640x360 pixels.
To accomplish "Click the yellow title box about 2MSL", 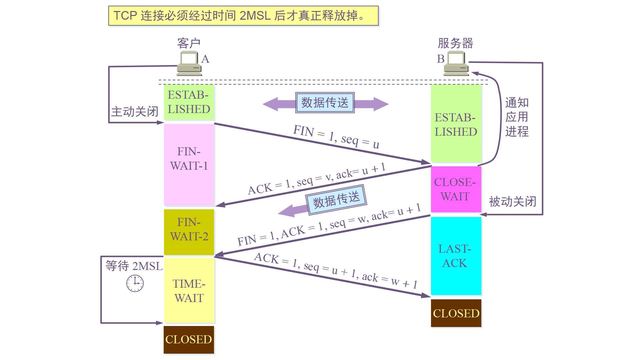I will click(243, 16).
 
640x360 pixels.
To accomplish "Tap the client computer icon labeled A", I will click(189, 64).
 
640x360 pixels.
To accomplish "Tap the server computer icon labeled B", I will click(456, 64).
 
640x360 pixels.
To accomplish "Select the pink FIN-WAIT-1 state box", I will click(189, 165).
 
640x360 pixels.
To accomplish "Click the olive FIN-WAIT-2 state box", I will click(189, 232).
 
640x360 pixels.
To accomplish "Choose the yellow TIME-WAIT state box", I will click(189, 290).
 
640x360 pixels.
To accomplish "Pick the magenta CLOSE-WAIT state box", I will click(456, 189).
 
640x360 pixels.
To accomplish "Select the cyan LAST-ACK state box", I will click(456, 256).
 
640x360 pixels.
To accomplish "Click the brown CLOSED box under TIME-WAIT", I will click(189, 339).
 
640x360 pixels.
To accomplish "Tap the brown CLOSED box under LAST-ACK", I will click(456, 313).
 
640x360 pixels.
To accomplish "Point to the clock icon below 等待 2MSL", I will click(135, 283).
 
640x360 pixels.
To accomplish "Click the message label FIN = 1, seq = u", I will click(336, 137).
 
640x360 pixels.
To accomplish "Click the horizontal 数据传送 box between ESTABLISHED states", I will click(325, 103).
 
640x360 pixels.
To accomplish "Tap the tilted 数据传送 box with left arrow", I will click(336, 199).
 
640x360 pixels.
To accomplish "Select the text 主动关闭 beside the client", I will click(134, 112).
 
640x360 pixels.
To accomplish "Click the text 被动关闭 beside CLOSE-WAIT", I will click(512, 202).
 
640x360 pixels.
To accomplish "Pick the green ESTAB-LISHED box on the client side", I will click(189, 102).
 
